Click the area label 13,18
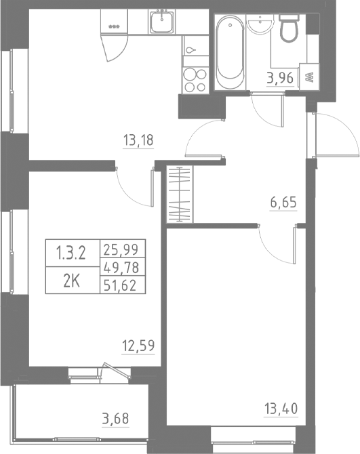[138, 141]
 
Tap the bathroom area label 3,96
[280, 77]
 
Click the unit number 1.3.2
[72, 253]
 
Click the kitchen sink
[163, 25]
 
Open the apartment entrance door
[336, 136]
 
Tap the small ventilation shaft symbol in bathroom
[309, 77]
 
